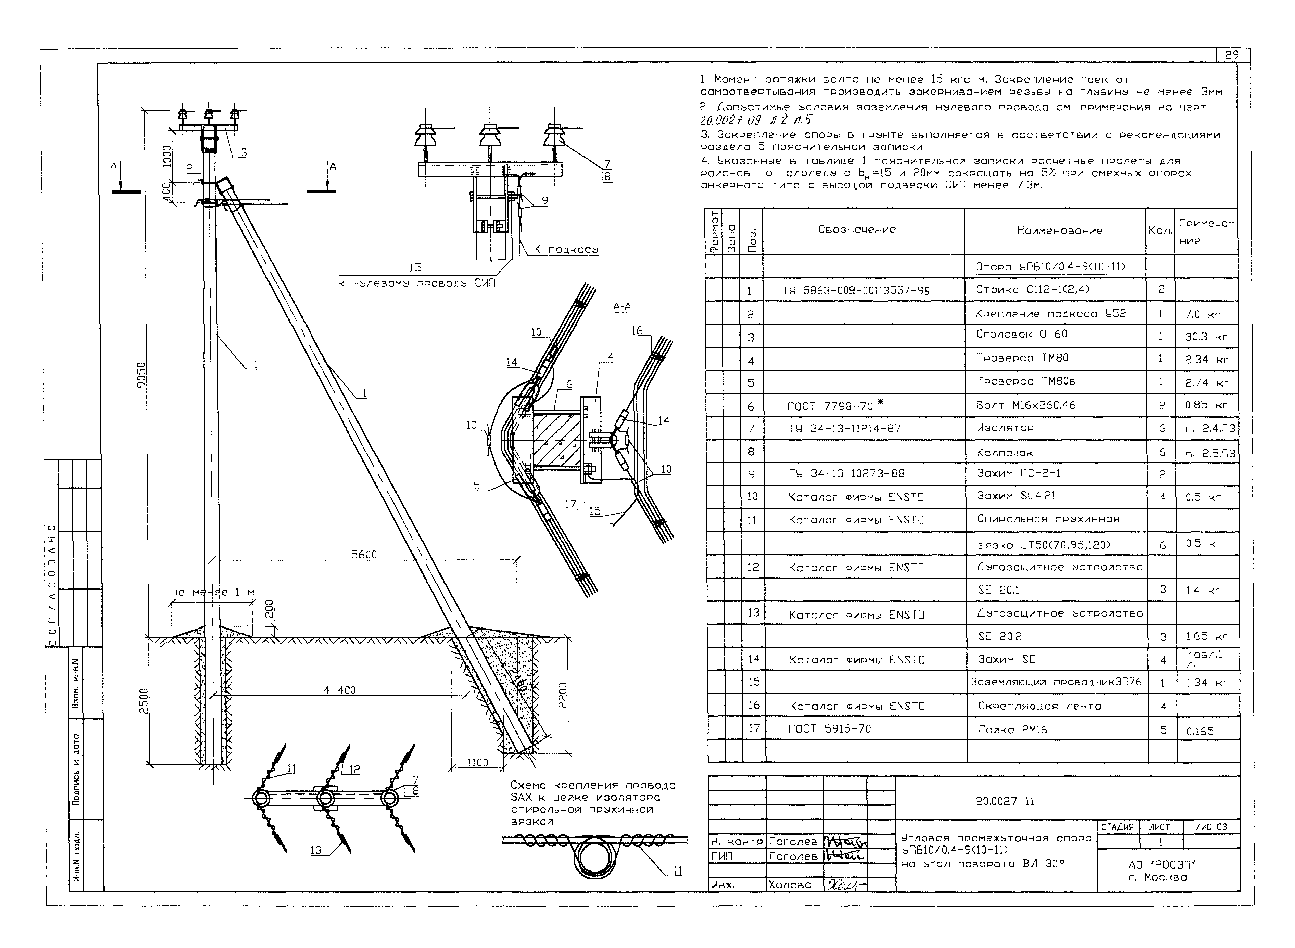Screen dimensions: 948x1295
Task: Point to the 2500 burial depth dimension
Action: (x=144, y=701)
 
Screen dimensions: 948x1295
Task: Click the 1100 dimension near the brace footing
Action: (x=477, y=763)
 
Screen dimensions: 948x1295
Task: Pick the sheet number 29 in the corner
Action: (x=1231, y=55)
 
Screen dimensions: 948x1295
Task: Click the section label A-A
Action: (x=622, y=307)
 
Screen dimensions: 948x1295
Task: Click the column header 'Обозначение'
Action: (x=856, y=229)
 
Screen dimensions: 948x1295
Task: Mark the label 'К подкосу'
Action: (x=565, y=250)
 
